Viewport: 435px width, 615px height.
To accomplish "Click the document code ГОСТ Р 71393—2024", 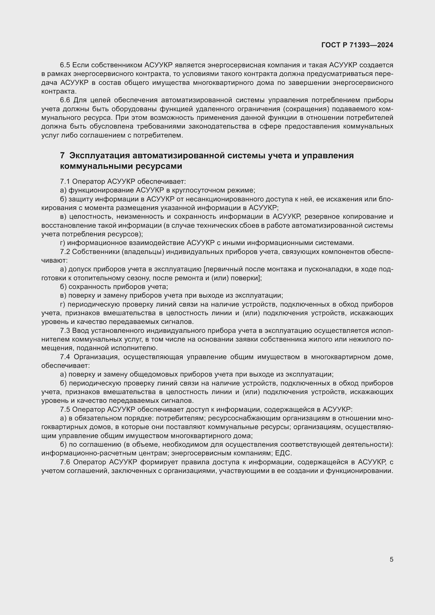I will (357, 45).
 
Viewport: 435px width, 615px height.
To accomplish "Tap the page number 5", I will (391, 559).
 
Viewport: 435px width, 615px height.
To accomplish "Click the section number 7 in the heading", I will (62, 156).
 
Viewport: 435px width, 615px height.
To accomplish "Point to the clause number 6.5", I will (65, 65).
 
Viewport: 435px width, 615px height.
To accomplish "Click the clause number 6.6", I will (65, 100).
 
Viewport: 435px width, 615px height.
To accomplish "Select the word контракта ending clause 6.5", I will (58, 91).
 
